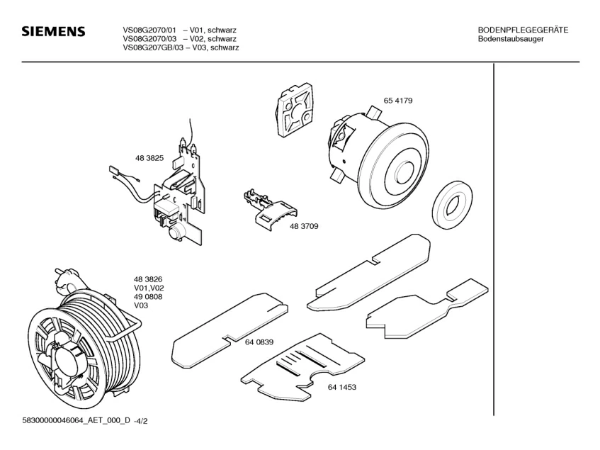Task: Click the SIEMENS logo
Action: point(53,32)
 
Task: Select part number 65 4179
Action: point(398,101)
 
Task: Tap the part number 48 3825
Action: point(149,159)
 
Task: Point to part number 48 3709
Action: point(303,226)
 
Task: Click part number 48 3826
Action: point(149,279)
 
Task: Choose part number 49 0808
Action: point(149,297)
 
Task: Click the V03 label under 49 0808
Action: point(141,306)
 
